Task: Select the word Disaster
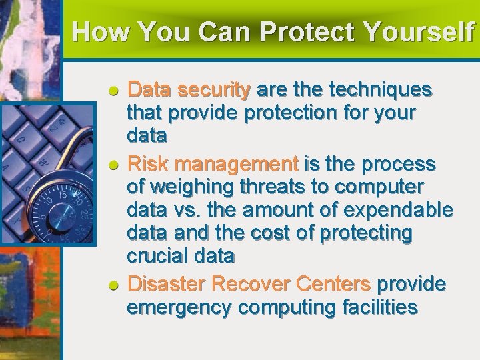pos(166,284)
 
